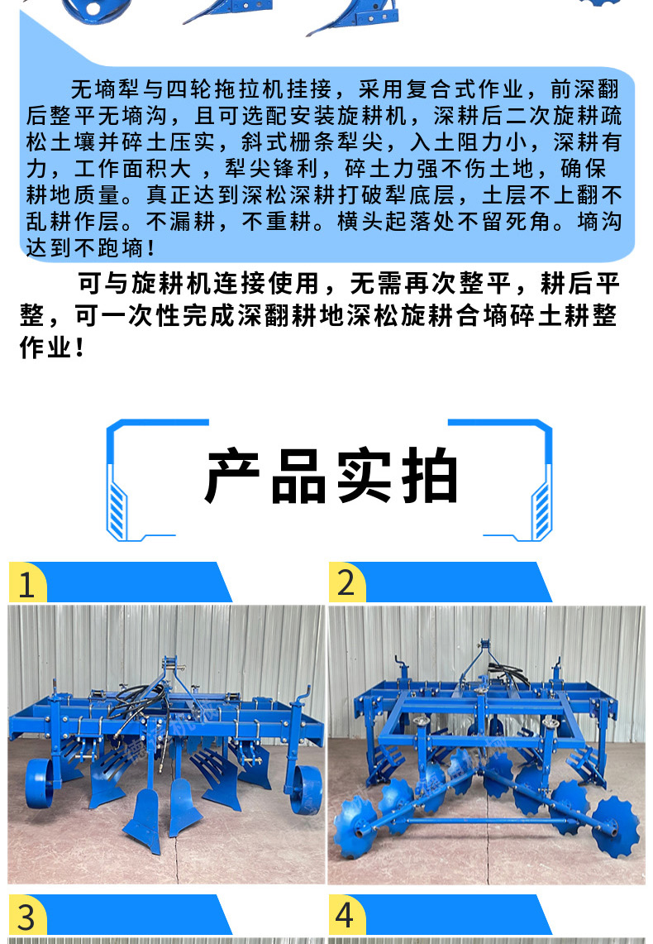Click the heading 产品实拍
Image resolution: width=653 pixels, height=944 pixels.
tap(331, 476)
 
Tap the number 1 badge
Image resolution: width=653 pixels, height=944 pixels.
tap(26, 583)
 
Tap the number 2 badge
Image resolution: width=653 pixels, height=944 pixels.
tap(346, 582)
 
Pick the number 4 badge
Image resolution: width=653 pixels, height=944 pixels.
tap(345, 916)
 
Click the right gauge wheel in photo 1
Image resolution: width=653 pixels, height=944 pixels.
tap(306, 789)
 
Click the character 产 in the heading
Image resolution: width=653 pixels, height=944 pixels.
tap(232, 476)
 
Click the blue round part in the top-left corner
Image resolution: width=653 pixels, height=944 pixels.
tap(96, 10)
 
